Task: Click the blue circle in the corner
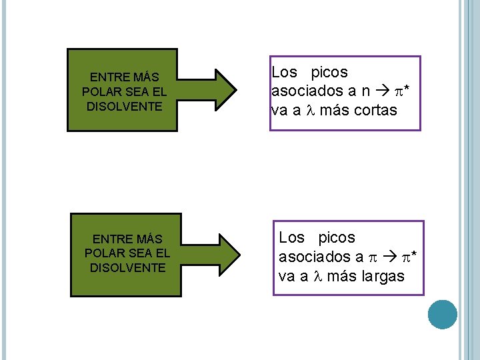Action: coord(443,315)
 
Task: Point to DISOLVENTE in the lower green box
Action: coord(126,267)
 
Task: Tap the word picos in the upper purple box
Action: coord(329,72)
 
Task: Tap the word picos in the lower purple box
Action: coord(337,237)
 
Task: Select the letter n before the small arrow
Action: coord(365,91)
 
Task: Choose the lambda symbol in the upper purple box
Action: coord(309,111)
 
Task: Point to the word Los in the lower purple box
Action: coord(291,237)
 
